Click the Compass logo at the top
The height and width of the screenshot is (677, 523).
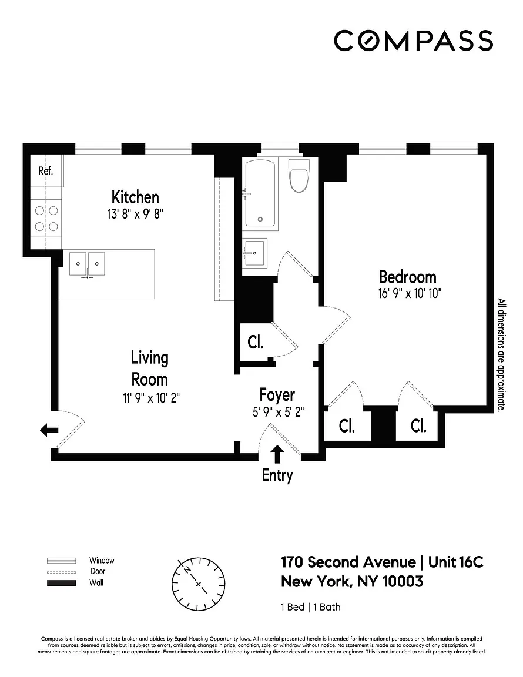[x=413, y=41]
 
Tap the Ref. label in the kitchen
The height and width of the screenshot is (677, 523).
[x=46, y=171]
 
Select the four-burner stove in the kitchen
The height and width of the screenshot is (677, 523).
[x=46, y=217]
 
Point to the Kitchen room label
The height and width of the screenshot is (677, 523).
[x=135, y=197]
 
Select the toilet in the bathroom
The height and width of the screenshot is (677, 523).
[x=299, y=176]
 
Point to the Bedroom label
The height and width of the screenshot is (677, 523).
[x=407, y=276]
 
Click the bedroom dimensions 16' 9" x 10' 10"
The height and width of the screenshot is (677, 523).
[x=410, y=292]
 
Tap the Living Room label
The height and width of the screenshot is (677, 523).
[x=149, y=368]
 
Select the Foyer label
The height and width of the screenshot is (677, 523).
[x=277, y=395]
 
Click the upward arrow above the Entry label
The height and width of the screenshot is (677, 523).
[x=277, y=454]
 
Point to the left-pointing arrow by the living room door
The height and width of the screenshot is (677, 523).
[x=49, y=431]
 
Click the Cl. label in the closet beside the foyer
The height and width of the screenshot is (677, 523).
[x=255, y=342]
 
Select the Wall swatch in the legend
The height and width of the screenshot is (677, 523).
[x=62, y=583]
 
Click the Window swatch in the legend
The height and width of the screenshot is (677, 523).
[x=62, y=560]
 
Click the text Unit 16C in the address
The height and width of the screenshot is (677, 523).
[x=455, y=562]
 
